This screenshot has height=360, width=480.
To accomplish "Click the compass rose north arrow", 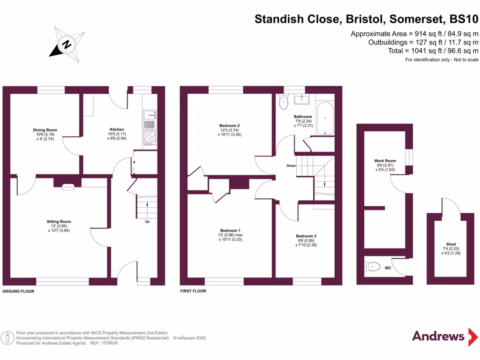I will [x=67, y=45].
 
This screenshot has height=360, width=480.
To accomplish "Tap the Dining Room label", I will [x=45, y=130].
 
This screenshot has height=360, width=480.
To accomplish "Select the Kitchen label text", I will [x=117, y=129].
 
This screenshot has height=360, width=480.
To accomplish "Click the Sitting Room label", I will [x=59, y=222].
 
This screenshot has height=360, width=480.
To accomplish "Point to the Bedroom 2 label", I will [x=230, y=126].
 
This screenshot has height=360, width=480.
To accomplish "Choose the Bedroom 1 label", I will [x=231, y=230].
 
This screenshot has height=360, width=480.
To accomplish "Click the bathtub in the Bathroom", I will [x=325, y=119].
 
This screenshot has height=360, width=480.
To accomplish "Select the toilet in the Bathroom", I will [x=283, y=102].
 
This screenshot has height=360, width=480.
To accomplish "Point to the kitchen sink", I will [x=150, y=114].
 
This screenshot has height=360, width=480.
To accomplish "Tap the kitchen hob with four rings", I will [x=150, y=137].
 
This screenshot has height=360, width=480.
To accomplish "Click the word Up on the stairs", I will [x=147, y=222].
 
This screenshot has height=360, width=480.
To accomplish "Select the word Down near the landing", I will [x=291, y=165].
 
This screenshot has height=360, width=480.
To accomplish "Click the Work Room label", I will [x=385, y=161].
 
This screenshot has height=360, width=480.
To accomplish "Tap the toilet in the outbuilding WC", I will [x=372, y=267].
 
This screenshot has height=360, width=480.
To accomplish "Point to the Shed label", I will [x=451, y=244].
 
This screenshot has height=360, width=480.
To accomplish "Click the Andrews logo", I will [x=438, y=336].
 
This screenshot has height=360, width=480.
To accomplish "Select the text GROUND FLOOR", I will [x=18, y=291].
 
